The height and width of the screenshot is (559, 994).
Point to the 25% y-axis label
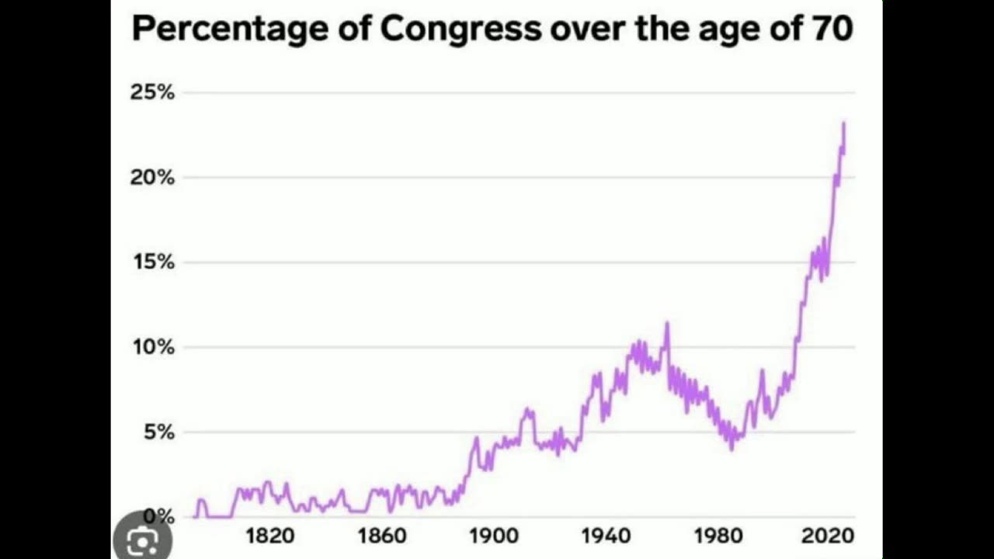(152, 92)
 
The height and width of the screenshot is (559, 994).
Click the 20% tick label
(152, 177)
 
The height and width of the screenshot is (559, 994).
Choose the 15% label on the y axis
(152, 262)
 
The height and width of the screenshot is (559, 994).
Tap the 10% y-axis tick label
(152, 346)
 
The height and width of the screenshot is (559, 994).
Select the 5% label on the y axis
(158, 432)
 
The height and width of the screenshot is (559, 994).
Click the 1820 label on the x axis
(270, 536)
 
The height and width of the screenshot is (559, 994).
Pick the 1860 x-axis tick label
(382, 536)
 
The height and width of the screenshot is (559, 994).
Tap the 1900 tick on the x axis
(494, 536)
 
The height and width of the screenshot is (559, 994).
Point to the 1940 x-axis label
(606, 536)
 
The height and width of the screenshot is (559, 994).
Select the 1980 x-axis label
(718, 536)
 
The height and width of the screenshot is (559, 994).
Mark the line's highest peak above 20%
(844, 123)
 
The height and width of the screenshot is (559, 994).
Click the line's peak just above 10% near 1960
(666, 323)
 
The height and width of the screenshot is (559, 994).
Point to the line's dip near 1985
(732, 449)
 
